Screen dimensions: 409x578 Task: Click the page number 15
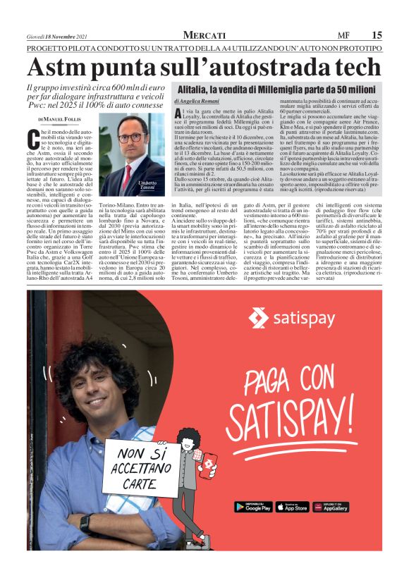click(x=377, y=35)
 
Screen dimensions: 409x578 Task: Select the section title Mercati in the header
click(x=204, y=35)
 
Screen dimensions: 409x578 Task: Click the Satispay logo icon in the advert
click(x=258, y=319)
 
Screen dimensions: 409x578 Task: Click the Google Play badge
click(x=253, y=507)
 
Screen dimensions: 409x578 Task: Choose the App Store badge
click(x=292, y=507)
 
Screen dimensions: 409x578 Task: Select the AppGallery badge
click(x=331, y=507)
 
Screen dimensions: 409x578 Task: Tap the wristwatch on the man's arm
click(x=85, y=523)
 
